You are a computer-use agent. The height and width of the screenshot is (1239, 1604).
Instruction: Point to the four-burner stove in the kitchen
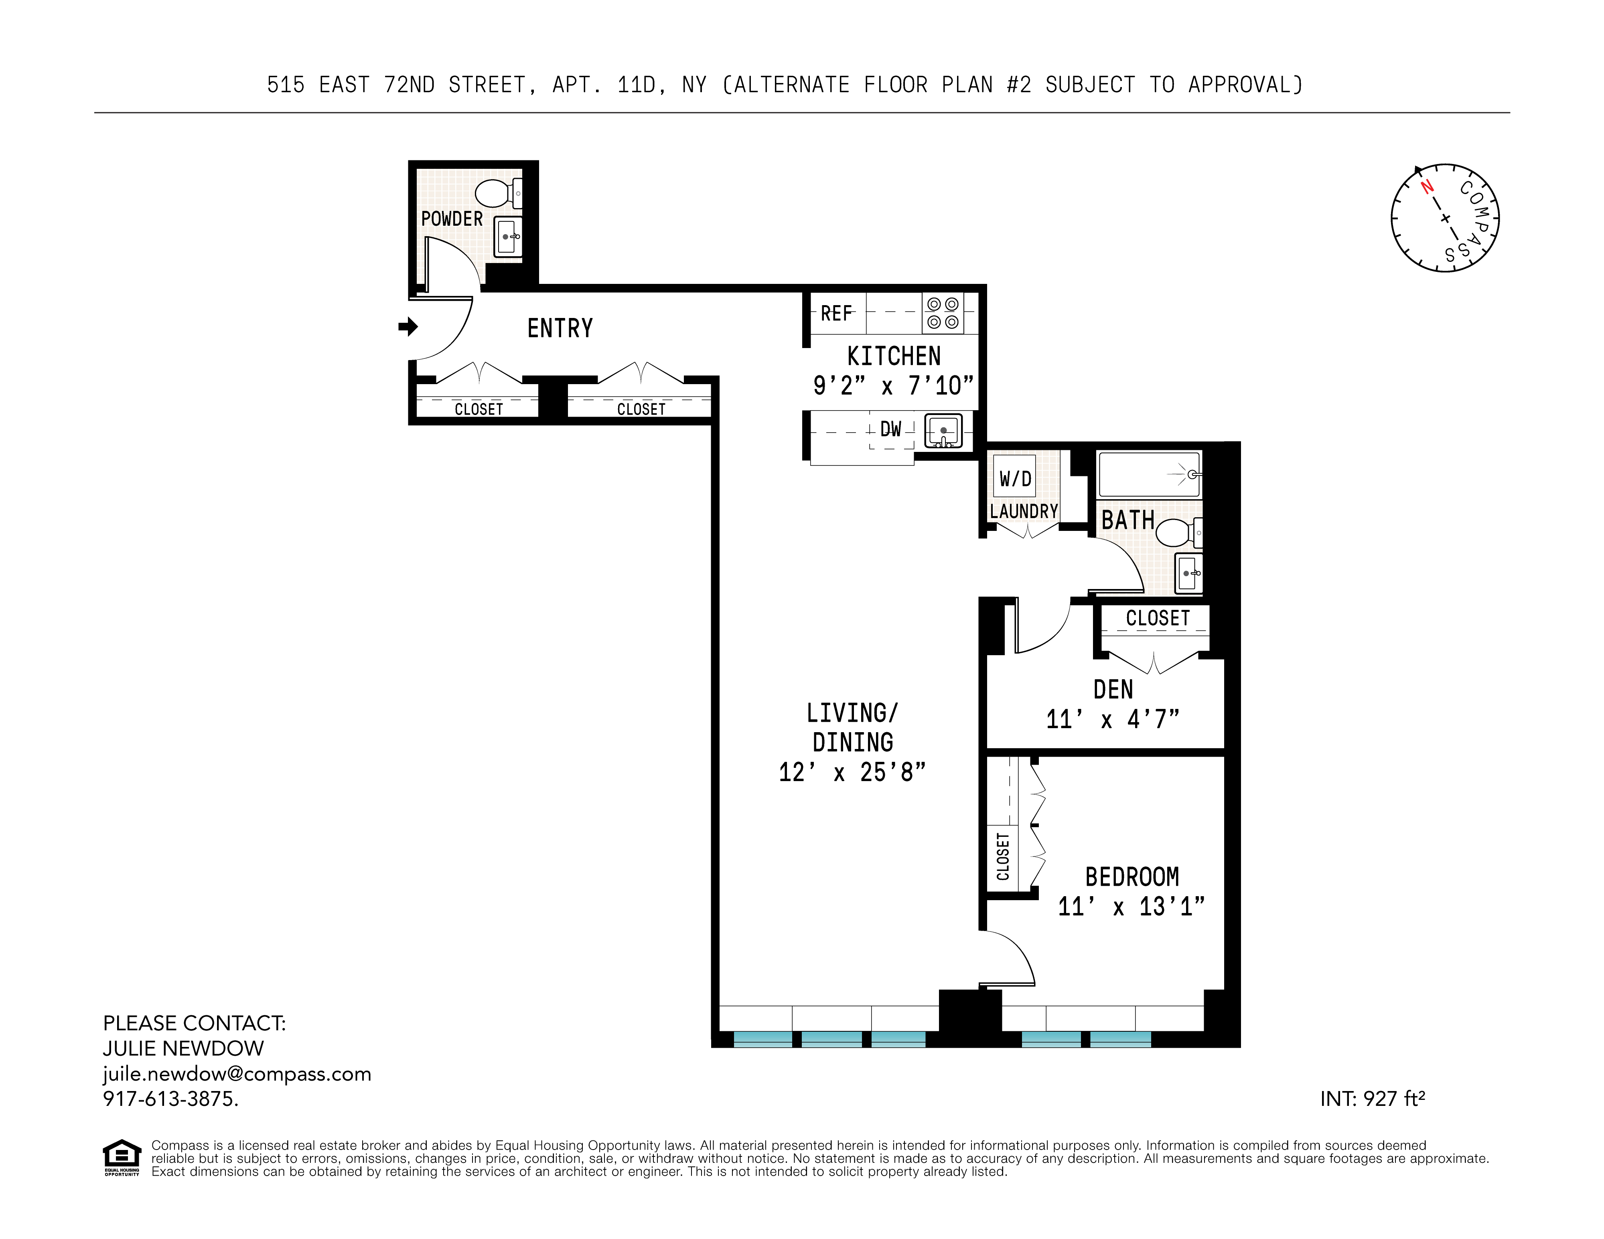(942, 314)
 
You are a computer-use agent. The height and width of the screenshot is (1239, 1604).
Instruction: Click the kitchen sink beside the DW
(943, 431)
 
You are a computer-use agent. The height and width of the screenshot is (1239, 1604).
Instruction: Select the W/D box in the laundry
(1015, 479)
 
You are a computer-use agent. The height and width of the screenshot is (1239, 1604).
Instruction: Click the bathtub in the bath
(1149, 475)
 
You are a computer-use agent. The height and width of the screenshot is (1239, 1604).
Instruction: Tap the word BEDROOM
(1132, 877)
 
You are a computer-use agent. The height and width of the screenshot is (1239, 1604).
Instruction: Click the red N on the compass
(1427, 186)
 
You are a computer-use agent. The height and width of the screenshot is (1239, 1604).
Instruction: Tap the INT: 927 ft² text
(1372, 1099)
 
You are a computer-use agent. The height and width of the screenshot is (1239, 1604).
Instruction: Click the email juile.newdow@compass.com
(237, 1074)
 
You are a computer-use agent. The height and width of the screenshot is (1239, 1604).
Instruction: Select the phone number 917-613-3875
(170, 1099)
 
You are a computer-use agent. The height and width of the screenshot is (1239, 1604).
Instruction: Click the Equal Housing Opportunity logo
(121, 1157)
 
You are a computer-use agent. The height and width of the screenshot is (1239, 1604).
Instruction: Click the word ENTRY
(560, 328)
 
